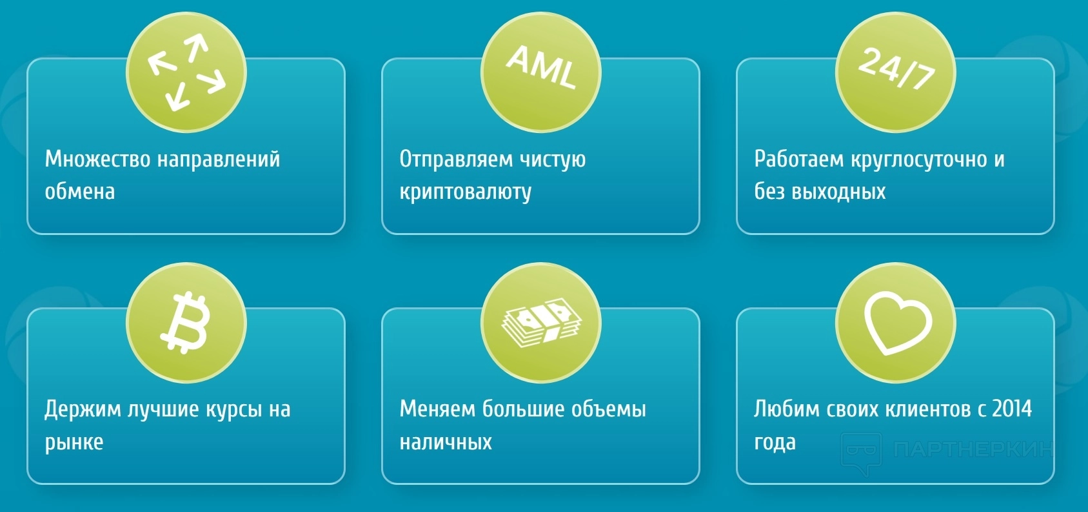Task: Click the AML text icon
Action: [542, 67]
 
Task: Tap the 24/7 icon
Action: [896, 68]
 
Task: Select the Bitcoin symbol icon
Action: [186, 322]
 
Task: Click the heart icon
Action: [898, 323]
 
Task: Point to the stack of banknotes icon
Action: [542, 322]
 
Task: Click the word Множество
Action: [97, 159]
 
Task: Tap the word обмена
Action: [80, 190]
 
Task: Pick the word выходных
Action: [838, 192]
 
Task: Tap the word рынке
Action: [74, 443]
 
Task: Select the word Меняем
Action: [437, 409]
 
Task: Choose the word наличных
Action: [446, 442]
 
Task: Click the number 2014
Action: [1012, 409]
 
